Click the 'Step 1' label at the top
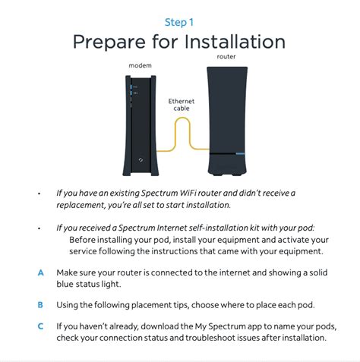coord(180,22)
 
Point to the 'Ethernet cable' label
coord(182,105)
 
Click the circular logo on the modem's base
coord(142,160)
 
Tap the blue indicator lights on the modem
coord(134,90)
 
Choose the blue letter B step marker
coord(39,304)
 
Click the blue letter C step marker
coord(39,326)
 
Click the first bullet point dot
coord(39,194)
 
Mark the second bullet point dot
coord(39,228)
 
